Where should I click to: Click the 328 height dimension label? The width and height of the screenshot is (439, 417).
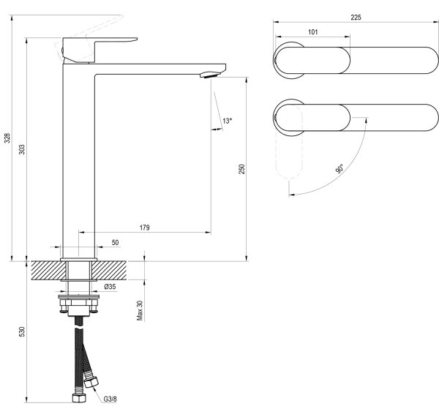[x=7, y=138]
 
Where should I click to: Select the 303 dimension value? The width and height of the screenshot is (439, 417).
[x=22, y=149]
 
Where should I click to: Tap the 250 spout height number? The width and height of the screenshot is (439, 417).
[x=241, y=169]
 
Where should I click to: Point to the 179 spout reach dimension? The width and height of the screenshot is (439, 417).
[x=144, y=228]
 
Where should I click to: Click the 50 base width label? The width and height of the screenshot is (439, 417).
[x=115, y=242]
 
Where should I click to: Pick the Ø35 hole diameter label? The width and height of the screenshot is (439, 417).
[x=110, y=287]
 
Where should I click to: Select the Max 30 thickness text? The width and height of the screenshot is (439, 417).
[x=140, y=310]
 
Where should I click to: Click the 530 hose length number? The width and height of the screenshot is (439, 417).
[x=22, y=331]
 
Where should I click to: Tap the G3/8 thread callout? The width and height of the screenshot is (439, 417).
[x=110, y=399]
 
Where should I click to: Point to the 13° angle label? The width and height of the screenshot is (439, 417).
[x=228, y=121]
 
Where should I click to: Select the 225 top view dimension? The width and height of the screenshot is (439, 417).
[x=356, y=18]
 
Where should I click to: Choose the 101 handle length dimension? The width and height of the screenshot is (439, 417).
[x=313, y=32]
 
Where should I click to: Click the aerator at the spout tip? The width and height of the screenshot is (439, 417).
[x=210, y=75]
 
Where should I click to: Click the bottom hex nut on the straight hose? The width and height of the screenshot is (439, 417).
[x=79, y=398]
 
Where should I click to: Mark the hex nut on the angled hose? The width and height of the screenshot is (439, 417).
[x=91, y=382]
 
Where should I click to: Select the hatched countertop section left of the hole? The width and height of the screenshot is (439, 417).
[x=48, y=271]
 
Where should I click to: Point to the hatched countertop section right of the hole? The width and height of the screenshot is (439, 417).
[x=109, y=271]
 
